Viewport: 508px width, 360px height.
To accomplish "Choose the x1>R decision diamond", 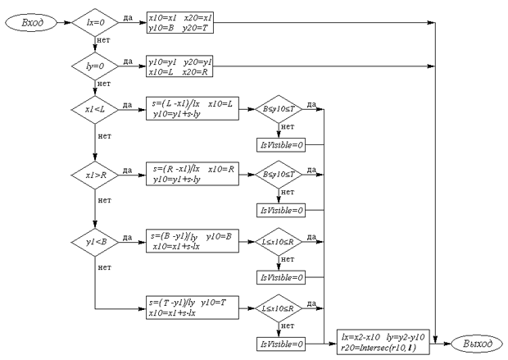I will [96, 175].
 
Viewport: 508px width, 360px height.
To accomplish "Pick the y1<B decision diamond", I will [96, 244].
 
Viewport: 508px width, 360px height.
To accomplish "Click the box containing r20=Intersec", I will [385, 341].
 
